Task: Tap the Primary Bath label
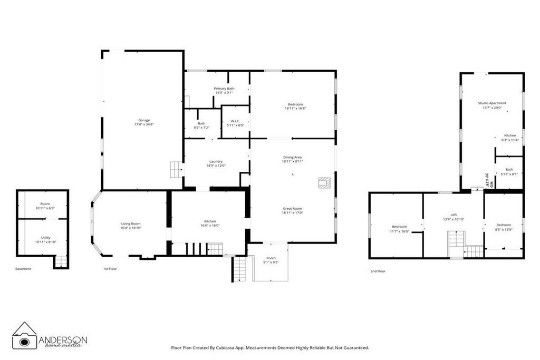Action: pos(224,88)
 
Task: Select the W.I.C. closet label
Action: pos(236,121)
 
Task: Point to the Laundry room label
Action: pos(216,161)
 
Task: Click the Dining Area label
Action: pos(292,157)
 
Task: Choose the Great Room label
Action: pos(292,209)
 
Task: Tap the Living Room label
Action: pos(131,223)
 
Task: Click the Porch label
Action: pos(271,258)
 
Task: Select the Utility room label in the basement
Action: pos(45,238)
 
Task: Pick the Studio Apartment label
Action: pos(492,103)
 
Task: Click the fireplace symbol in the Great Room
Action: pos(324,182)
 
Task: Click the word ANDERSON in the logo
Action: pos(63,340)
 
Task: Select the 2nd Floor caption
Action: pos(378,271)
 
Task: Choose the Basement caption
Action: pos(23,269)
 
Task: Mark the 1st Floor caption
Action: pos(110,269)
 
